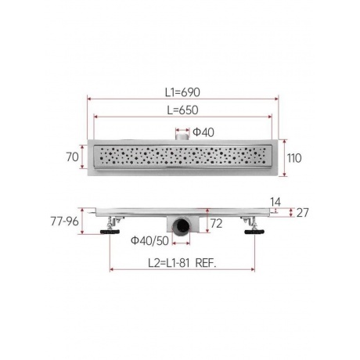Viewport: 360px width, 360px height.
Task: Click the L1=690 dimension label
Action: coord(182,92)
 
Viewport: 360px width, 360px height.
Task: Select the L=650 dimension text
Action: coord(182,110)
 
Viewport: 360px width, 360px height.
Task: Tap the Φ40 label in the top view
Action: coord(203,132)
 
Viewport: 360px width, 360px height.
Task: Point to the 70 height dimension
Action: coord(72,157)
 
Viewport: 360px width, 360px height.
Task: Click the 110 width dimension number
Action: coord(294,158)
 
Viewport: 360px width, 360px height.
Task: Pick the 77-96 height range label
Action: coord(64,221)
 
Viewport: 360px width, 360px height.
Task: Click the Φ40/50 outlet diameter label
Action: coord(149,240)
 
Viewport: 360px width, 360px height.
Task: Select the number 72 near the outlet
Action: coord(217,224)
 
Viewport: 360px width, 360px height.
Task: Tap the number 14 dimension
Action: coord(275,202)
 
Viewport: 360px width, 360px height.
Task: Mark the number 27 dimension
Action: coord(303,213)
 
